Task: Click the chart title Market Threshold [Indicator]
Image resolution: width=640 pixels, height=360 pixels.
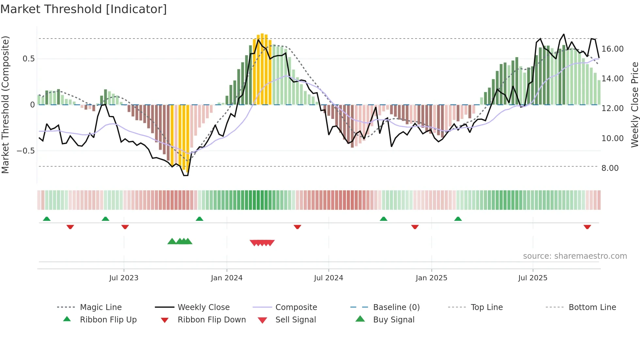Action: [84, 9]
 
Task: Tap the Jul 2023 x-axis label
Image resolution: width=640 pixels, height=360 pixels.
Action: [124, 278]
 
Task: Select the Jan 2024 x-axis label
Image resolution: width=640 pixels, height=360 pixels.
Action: [227, 278]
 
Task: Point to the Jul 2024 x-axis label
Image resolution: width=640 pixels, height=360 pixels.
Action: [328, 278]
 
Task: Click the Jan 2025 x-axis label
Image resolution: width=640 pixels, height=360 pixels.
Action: [431, 278]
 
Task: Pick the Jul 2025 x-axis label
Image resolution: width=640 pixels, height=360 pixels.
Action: [533, 278]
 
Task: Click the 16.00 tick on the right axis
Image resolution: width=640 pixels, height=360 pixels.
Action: [612, 49]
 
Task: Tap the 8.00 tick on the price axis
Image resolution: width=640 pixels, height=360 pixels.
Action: [610, 168]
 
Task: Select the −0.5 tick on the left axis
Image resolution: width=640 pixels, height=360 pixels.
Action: [26, 151]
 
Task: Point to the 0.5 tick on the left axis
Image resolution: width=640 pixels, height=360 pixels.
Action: [28, 59]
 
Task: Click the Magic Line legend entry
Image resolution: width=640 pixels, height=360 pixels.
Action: [101, 307]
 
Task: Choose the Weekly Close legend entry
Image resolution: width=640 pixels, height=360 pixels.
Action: [203, 307]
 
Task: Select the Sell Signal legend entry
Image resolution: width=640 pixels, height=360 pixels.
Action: [296, 320]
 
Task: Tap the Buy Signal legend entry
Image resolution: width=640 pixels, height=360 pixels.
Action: [393, 320]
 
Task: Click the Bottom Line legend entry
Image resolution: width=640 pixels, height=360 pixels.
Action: [592, 307]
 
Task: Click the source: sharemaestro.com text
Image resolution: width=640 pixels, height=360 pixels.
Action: [575, 256]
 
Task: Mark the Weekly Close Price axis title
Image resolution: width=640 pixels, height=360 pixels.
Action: [634, 105]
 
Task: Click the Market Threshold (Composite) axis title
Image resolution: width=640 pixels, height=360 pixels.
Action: [5, 105]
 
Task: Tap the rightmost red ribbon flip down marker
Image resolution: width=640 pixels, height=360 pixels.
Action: [587, 227]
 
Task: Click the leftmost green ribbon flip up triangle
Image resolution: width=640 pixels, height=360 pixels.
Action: [47, 219]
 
